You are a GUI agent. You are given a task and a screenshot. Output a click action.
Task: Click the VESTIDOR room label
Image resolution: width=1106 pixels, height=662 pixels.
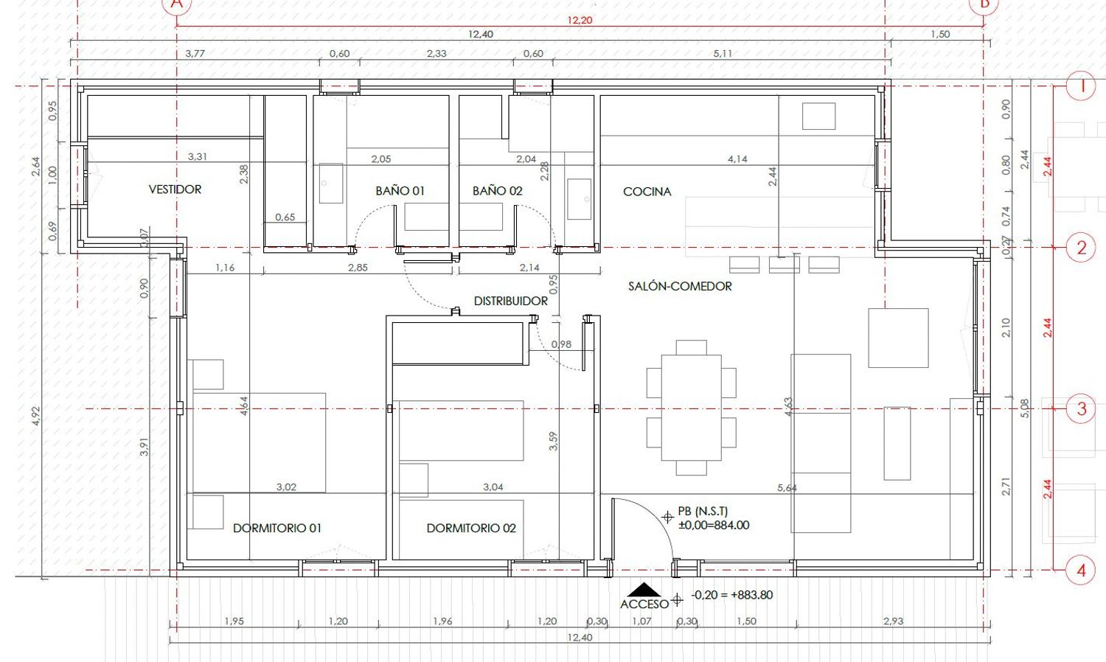tap(175, 189)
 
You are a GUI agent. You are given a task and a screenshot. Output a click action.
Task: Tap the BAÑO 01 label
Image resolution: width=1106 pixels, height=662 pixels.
tap(400, 191)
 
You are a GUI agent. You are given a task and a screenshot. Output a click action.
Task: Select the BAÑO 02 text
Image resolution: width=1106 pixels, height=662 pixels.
tap(497, 191)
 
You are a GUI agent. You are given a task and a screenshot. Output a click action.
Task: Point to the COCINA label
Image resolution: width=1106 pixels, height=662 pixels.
tap(647, 192)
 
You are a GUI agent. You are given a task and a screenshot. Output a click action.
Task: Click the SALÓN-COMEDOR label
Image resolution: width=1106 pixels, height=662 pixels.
tap(680, 286)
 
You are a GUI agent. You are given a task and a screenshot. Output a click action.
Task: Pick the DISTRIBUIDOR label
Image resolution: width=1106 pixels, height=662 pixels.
tap(510, 301)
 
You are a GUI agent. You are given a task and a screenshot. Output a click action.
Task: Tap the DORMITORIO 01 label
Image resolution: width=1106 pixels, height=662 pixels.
tap(277, 529)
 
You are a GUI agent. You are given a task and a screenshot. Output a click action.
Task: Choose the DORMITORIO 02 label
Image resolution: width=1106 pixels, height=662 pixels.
tap(471, 529)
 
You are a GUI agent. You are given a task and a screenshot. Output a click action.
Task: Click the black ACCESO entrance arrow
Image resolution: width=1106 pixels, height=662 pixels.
tap(644, 590)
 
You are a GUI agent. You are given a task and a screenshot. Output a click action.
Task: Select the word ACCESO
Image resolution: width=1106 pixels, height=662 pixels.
tap(644, 604)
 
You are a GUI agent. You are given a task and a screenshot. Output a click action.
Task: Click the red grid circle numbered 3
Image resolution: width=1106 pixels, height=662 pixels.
tap(1082, 408)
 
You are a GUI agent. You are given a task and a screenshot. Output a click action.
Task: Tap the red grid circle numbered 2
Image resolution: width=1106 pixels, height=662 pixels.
tap(1082, 247)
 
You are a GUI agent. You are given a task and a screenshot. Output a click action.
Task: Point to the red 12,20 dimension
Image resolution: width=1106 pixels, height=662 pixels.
tap(580, 20)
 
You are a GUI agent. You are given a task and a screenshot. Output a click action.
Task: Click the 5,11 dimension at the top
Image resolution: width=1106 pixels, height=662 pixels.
tap(723, 53)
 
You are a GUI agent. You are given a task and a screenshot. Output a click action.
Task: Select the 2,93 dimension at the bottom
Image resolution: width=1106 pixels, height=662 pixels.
tap(893, 621)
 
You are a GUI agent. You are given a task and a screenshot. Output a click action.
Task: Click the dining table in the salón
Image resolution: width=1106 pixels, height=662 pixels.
tap(692, 408)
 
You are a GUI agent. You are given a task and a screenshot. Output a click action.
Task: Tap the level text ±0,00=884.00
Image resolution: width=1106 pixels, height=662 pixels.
tap(714, 525)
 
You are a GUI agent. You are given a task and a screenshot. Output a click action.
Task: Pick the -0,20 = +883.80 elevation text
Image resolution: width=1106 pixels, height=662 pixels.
tap(731, 595)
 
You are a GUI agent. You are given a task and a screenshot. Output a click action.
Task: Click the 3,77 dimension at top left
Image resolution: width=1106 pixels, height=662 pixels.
tap(195, 53)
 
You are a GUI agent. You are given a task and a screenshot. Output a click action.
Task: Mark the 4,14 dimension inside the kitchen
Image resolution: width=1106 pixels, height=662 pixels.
tap(737, 159)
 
